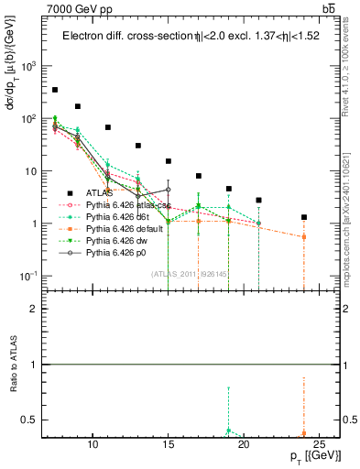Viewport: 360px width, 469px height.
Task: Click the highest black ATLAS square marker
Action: click(55, 90)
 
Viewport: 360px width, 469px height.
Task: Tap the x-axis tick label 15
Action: click(168, 446)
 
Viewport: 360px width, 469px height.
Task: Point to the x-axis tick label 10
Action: click(93, 446)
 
